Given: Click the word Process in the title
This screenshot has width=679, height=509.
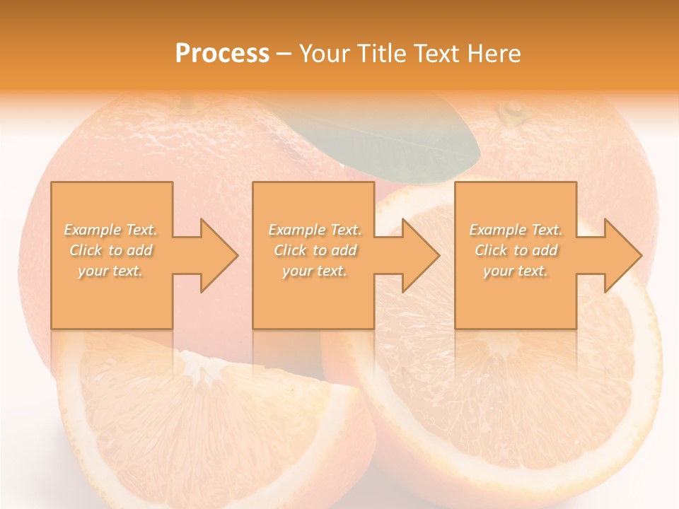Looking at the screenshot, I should pyautogui.click(x=222, y=53).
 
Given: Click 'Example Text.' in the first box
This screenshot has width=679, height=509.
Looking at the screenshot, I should pyautogui.click(x=111, y=230).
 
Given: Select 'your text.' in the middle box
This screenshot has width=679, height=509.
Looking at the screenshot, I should pyautogui.click(x=314, y=271).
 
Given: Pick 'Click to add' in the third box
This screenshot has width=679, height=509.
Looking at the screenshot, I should pyautogui.click(x=516, y=250).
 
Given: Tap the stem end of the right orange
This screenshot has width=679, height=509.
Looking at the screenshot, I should pyautogui.click(x=511, y=112).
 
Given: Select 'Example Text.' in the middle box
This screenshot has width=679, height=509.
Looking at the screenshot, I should pyautogui.click(x=314, y=230).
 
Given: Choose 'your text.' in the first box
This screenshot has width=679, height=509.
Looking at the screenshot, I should pyautogui.click(x=111, y=271).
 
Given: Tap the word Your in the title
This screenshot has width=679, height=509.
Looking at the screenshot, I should pyautogui.click(x=323, y=53).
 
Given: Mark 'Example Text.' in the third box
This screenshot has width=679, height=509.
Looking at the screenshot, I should pyautogui.click(x=516, y=230).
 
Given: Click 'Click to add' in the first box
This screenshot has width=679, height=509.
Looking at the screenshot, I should pyautogui.click(x=111, y=250).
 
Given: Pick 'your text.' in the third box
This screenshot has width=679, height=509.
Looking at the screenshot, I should pyautogui.click(x=516, y=271).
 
